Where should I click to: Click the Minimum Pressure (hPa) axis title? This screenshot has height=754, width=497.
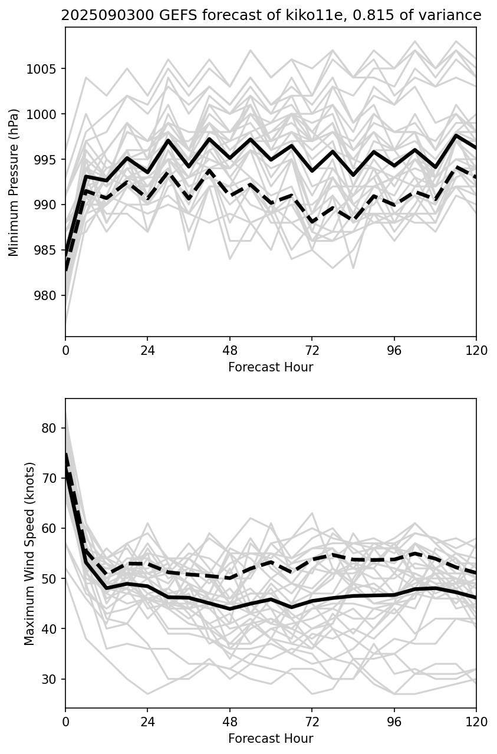(x=14, y=182)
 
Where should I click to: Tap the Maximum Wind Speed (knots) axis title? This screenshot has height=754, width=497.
(x=29, y=553)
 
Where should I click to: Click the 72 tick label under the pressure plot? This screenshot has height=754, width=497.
(x=312, y=351)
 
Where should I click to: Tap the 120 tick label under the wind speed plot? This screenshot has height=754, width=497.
(x=476, y=722)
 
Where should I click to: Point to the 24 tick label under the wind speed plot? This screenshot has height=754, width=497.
(x=147, y=722)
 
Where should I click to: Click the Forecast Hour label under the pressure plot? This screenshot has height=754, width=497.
(x=271, y=367)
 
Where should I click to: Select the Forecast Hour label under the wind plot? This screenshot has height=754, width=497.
(x=271, y=739)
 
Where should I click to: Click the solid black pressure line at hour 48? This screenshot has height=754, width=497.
(x=230, y=158)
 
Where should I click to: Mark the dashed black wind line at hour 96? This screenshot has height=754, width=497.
(x=394, y=559)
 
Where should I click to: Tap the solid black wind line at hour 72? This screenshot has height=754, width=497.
(x=312, y=601)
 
